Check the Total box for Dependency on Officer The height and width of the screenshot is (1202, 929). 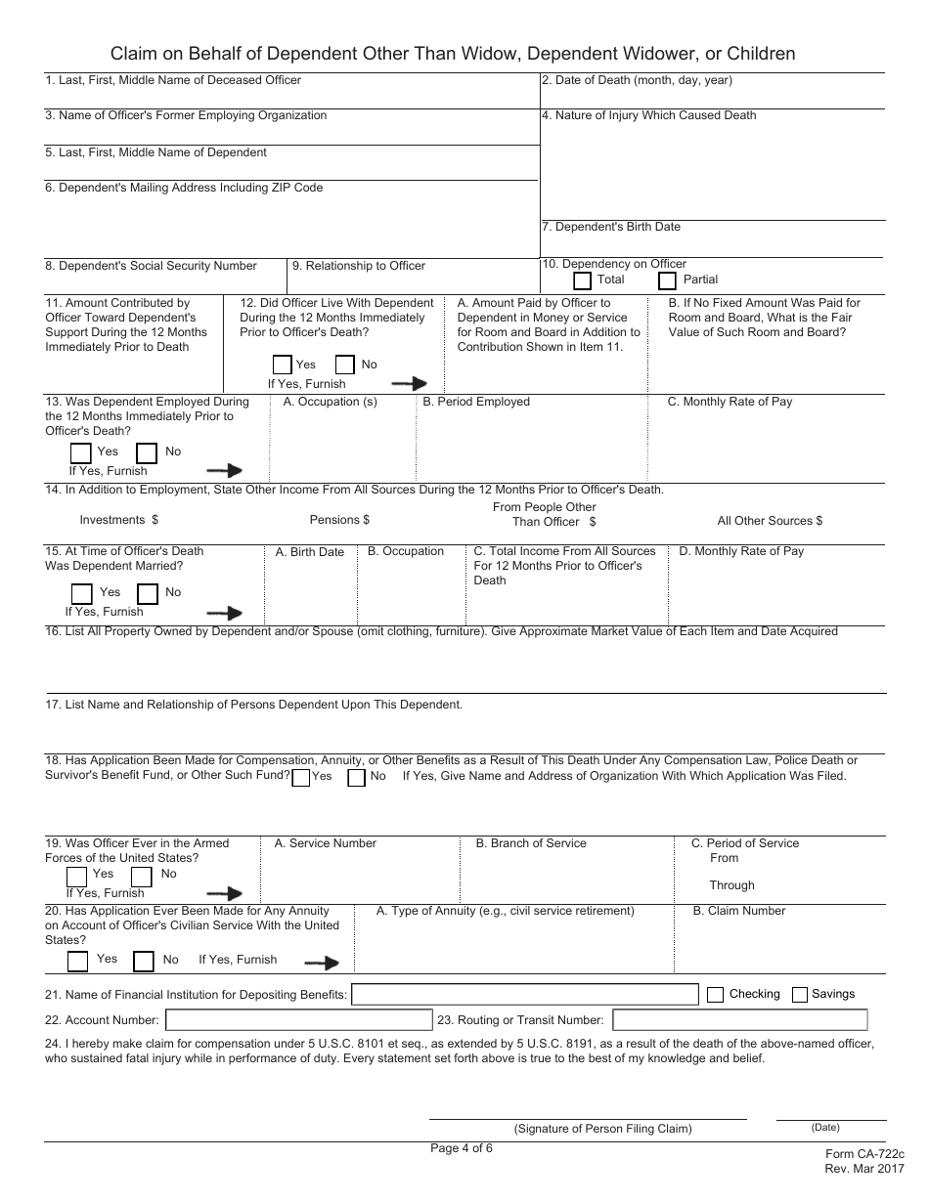point(582,280)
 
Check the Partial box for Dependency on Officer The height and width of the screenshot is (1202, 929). point(668,280)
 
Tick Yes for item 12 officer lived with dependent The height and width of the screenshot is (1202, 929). point(283,365)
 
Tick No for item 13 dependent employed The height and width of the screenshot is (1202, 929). point(147,452)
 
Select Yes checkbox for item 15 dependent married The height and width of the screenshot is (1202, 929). point(82,593)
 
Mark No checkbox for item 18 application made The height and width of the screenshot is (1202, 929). point(357,777)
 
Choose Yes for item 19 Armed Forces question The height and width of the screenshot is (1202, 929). point(76,876)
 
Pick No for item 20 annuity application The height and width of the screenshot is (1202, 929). point(144,961)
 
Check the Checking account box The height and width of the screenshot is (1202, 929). point(715,995)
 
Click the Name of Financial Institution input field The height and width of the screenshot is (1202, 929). point(524,995)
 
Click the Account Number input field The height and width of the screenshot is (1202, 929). point(299,1020)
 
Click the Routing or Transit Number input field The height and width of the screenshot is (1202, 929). point(749,1020)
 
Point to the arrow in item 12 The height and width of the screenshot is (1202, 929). point(409,383)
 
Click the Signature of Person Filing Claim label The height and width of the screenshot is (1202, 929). point(602,1129)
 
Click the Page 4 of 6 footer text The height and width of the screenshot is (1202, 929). point(462,1148)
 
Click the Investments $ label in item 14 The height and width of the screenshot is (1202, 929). point(118,520)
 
